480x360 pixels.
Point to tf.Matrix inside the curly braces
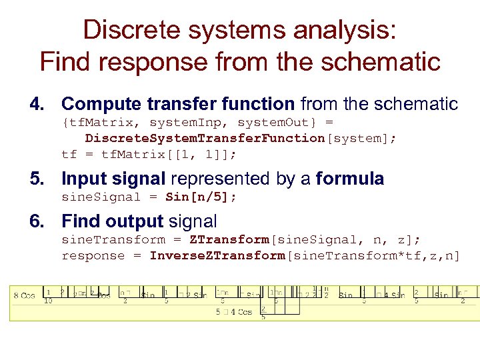point(102,123)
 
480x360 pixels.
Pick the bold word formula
point(350,179)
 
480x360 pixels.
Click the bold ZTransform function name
point(228,240)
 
